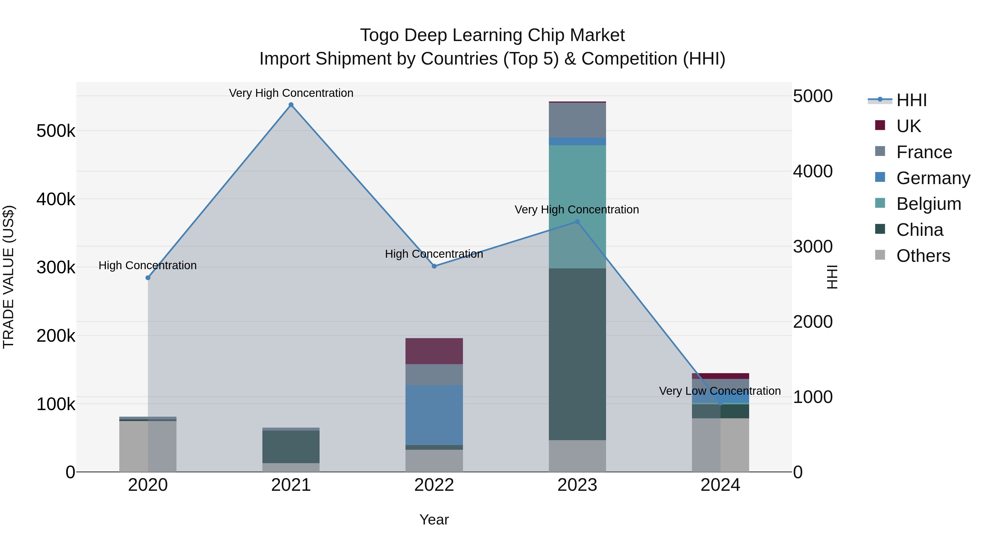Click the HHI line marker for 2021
[291, 105]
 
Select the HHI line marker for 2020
[148, 278]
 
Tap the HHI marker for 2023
[577, 222]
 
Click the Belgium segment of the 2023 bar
[577, 207]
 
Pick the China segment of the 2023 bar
[577, 354]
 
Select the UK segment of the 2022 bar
[434, 351]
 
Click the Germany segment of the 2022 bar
[434, 415]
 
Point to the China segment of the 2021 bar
[291, 446]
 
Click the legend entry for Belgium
[928, 204]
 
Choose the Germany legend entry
[933, 178]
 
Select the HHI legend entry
[911, 100]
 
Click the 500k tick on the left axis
[56, 131]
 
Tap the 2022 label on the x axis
[434, 485]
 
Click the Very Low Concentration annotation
[720, 391]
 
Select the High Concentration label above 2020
[147, 265]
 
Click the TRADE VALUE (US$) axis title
[8, 277]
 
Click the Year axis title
[434, 520]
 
